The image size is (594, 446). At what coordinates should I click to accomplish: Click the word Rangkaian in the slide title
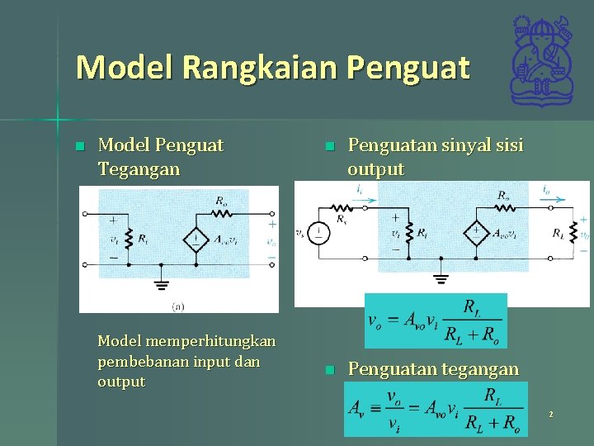(262, 67)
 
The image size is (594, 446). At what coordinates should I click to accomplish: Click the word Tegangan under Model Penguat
(138, 169)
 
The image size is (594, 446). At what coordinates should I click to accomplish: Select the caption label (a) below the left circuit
(177, 306)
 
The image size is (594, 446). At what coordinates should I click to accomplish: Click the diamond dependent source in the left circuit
(196, 240)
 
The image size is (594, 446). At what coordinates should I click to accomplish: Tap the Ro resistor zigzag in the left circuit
(222, 213)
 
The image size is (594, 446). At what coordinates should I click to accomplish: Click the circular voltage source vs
(318, 234)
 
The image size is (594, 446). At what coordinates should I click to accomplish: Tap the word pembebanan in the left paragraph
(144, 362)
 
